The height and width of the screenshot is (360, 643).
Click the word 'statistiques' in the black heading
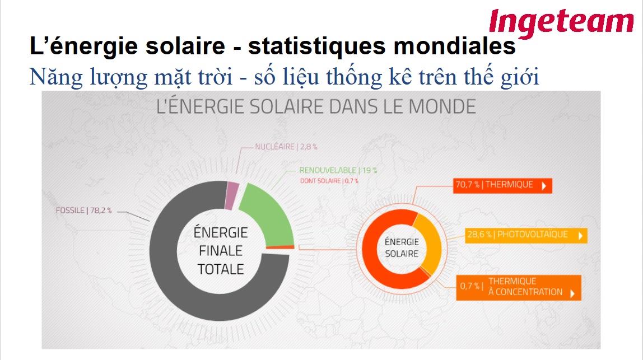317,46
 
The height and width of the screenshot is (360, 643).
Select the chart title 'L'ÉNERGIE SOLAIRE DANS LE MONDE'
316,106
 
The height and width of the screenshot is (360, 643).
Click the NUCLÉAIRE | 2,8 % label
286,146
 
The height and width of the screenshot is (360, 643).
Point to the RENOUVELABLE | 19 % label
338,170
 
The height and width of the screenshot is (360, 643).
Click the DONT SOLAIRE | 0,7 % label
329,181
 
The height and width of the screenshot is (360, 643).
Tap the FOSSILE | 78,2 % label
83,211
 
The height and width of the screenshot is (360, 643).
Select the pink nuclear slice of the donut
232,195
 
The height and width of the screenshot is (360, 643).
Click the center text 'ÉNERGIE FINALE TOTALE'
221,250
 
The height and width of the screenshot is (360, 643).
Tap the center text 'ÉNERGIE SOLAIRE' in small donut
402,247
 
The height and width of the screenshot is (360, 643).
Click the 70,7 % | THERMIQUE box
502,185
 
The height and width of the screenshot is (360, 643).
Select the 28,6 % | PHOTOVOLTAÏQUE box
526,235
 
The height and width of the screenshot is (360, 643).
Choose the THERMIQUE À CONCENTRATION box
519,287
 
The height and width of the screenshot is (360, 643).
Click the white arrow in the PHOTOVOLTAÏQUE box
581,236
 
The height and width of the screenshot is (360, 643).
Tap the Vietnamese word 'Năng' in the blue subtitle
56,77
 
